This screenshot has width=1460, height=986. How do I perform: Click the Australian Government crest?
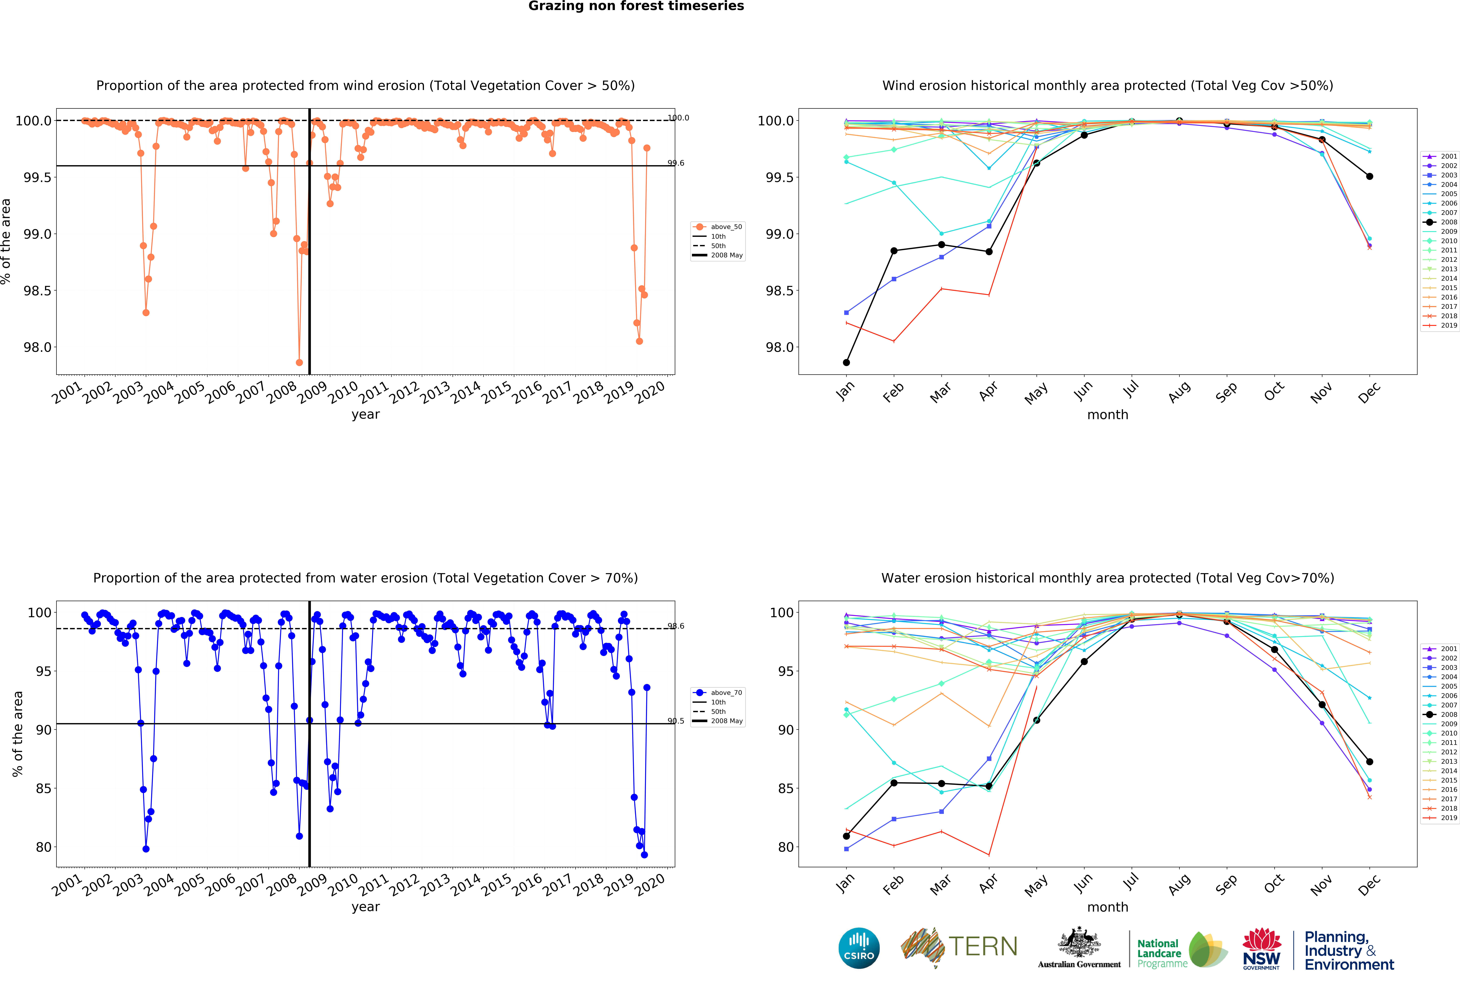(1079, 942)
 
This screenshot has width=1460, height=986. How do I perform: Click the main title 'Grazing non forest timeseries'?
(636, 6)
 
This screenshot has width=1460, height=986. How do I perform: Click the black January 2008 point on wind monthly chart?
(846, 362)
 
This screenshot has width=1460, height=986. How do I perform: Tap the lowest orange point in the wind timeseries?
(299, 362)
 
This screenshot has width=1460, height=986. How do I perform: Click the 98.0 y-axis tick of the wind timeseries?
(38, 347)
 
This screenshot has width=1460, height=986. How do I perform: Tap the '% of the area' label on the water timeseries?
(18, 734)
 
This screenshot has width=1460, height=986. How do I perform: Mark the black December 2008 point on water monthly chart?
(1369, 762)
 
